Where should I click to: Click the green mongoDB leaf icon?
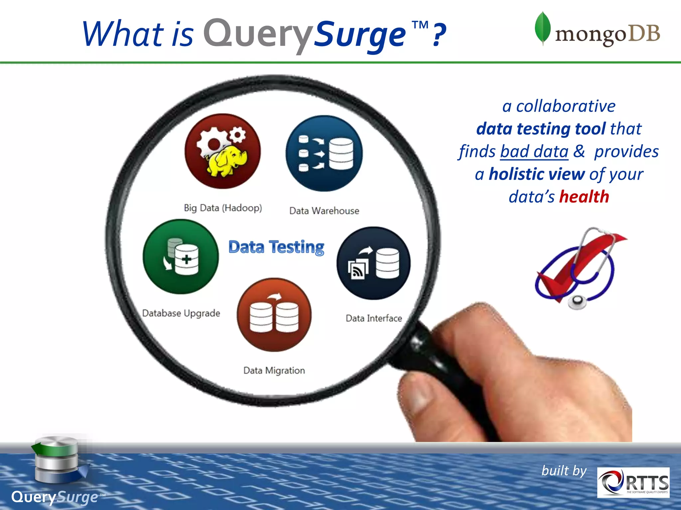pyautogui.click(x=542, y=28)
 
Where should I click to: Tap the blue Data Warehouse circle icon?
pyautogui.click(x=324, y=153)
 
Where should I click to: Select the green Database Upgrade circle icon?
pyautogui.click(x=181, y=256)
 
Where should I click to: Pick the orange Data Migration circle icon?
pyautogui.click(x=274, y=315)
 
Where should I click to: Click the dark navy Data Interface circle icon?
pyautogui.click(x=373, y=263)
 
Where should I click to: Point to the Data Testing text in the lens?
pyautogui.click(x=276, y=247)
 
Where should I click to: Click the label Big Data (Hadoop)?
pyautogui.click(x=223, y=208)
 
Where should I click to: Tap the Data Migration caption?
pyautogui.click(x=274, y=370)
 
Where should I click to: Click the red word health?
pyautogui.click(x=584, y=197)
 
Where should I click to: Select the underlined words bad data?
pyautogui.click(x=534, y=151)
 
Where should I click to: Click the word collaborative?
pyautogui.click(x=565, y=106)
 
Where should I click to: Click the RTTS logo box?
pyautogui.click(x=633, y=482)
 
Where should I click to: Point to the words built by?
pyautogui.click(x=564, y=470)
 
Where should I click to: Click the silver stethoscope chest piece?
pyautogui.click(x=577, y=301)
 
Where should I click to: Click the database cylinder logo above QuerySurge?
pyautogui.click(x=57, y=460)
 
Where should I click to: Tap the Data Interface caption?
pyautogui.click(x=374, y=318)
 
